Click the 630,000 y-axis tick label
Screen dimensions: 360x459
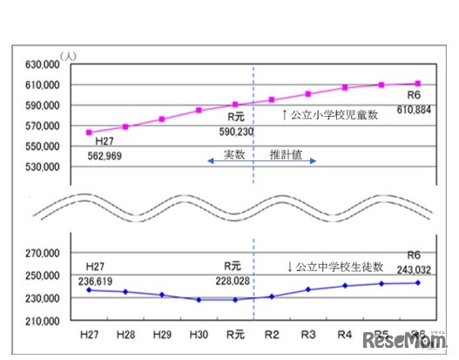pyautogui.click(x=41, y=65)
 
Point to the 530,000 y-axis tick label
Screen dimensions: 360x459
pyautogui.click(x=41, y=166)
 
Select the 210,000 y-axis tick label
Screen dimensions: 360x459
pyautogui.click(x=41, y=320)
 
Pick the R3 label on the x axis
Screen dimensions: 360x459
pyautogui.click(x=307, y=334)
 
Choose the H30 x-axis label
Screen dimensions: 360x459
pyautogui.click(x=199, y=334)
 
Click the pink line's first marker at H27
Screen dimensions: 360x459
pyautogui.click(x=89, y=132)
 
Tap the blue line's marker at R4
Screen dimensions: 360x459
pyautogui.click(x=345, y=286)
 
